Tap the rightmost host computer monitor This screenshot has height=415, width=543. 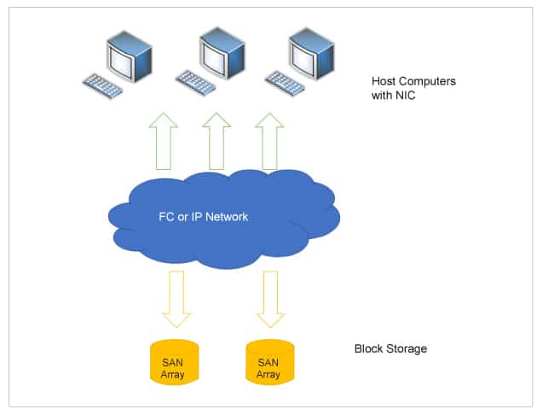pyautogui.click(x=310, y=51)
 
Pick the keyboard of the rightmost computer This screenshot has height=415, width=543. pyautogui.click(x=285, y=82)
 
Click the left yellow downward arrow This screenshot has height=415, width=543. pyautogui.click(x=177, y=298)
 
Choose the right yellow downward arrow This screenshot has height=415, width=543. pyautogui.click(x=270, y=298)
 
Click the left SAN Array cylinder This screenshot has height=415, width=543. pyautogui.click(x=174, y=362)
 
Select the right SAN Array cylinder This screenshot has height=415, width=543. pyautogui.click(x=269, y=362)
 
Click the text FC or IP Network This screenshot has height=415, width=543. pyautogui.click(x=204, y=217)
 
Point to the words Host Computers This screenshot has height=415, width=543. pyautogui.click(x=413, y=82)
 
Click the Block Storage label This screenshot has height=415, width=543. pyautogui.click(x=390, y=349)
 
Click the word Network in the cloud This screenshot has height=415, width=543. pyautogui.click(x=227, y=217)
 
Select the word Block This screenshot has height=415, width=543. pyautogui.click(x=368, y=349)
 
